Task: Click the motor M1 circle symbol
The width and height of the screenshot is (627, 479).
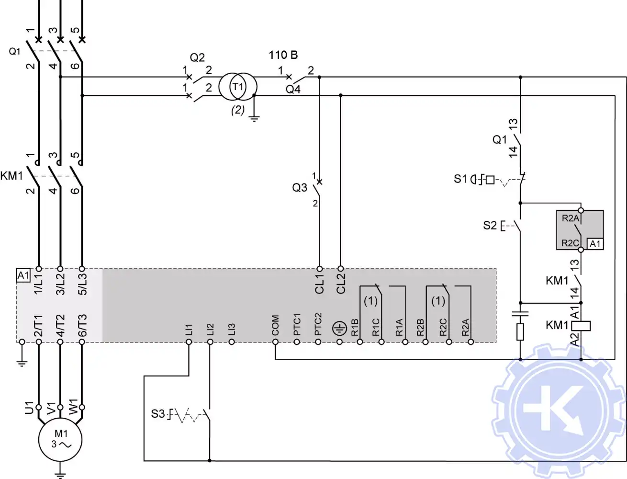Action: pos(60,440)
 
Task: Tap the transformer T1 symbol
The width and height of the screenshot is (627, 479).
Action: pos(238,87)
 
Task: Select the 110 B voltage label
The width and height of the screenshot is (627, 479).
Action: pos(283,55)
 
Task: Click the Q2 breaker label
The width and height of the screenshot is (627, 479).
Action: pos(197,57)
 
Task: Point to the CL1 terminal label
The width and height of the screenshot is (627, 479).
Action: pos(320,284)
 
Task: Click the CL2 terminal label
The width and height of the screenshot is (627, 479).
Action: pos(341,284)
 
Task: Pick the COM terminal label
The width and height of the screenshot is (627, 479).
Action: pos(275,325)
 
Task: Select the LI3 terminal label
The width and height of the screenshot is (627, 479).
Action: pos(232,329)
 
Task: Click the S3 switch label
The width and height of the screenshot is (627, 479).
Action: pos(157,414)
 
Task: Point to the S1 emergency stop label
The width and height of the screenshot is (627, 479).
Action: pos(460,179)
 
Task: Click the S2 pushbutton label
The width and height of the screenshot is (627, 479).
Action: pos(490,225)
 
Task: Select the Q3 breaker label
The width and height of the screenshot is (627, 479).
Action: pos(300,187)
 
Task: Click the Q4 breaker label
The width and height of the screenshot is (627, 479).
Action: pos(293,89)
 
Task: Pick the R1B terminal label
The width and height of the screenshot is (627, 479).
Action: pos(355,327)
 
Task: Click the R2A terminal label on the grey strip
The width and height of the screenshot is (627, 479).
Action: pos(465,327)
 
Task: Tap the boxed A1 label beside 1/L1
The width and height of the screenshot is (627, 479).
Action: pos(23,275)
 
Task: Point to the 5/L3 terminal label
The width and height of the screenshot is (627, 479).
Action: pos(82,284)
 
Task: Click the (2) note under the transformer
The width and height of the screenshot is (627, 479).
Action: pos(238,110)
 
